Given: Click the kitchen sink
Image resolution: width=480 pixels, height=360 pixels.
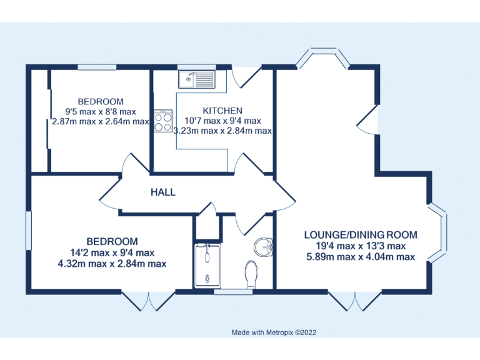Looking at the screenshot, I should click(x=196, y=79).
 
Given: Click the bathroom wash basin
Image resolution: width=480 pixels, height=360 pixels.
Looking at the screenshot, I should click(x=265, y=247).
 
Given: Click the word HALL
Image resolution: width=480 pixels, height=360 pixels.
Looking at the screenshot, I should click(x=162, y=192).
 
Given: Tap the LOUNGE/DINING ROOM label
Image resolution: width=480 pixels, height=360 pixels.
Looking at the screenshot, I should click(x=360, y=235).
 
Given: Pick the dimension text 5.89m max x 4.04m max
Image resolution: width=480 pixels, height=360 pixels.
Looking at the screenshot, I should click(x=360, y=257).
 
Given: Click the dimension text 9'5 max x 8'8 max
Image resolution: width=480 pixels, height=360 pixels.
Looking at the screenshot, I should click(x=100, y=111).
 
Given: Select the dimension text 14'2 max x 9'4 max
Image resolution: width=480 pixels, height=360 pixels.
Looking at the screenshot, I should click(x=112, y=252).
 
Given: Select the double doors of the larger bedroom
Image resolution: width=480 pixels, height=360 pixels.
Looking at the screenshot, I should click(x=149, y=300).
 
